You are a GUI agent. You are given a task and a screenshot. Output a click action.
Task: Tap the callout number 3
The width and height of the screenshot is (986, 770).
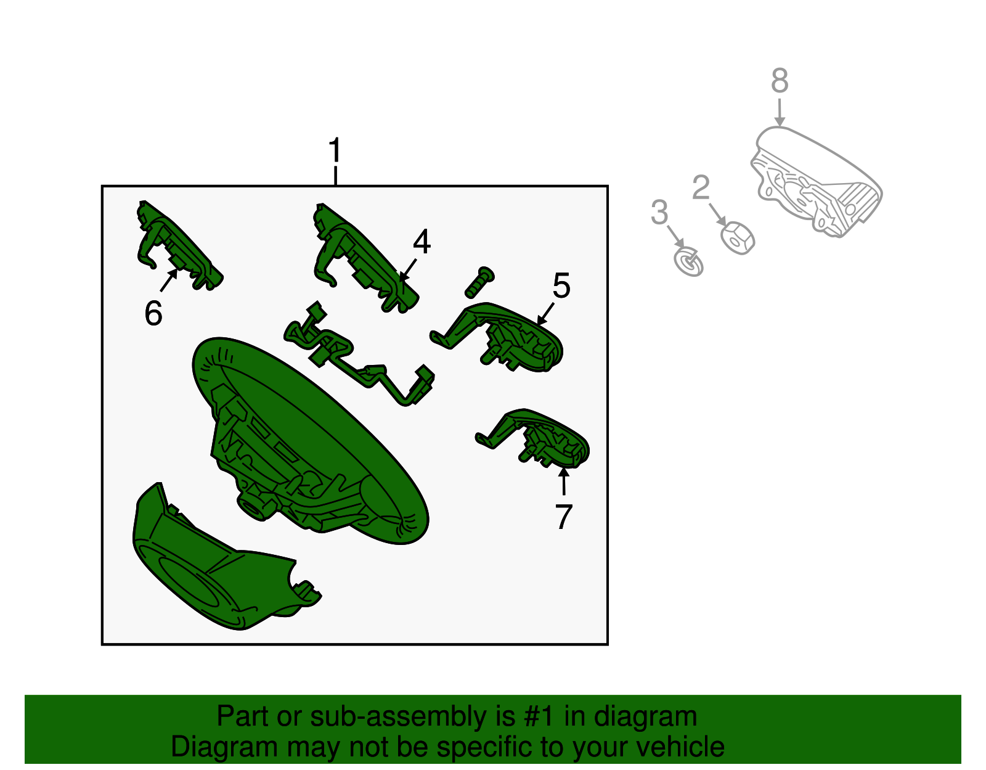coord(659,211)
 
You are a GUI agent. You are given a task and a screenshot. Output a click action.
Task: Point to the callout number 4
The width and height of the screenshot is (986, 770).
coord(422,242)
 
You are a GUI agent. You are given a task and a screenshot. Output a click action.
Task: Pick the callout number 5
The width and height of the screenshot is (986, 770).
coord(561,285)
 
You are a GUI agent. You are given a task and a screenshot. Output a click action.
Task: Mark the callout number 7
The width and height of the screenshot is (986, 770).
coord(563,517)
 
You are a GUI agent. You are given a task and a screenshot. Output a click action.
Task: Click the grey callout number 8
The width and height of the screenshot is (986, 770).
coord(780,81)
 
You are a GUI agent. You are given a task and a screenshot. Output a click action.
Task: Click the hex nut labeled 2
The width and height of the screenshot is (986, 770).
coord(738,237)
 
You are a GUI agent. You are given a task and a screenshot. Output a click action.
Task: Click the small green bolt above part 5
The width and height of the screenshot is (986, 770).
coord(479,282)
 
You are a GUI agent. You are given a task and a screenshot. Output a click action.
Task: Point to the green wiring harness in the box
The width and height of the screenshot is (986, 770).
coord(359,354)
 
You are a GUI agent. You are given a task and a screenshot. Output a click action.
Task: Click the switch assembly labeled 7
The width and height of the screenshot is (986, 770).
coord(533,438)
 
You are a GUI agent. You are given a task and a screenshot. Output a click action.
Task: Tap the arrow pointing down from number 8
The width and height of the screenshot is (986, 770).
coord(780,112)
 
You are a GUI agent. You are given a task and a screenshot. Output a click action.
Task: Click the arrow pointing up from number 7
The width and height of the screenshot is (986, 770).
coord(563,481)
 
